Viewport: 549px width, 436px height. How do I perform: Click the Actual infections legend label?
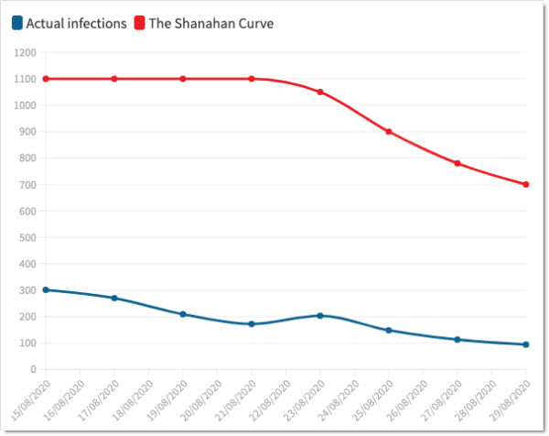point(75,23)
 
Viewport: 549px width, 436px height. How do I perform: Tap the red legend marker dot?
point(140,22)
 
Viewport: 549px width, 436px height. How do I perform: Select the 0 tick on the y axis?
point(31,370)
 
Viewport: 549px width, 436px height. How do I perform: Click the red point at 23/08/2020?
point(320,92)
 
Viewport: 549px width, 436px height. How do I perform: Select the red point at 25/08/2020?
point(389,132)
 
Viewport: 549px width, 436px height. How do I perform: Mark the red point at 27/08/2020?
point(457,163)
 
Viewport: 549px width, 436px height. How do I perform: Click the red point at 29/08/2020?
point(526,184)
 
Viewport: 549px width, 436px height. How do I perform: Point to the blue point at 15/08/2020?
point(46,290)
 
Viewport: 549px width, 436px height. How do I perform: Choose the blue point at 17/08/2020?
point(114,298)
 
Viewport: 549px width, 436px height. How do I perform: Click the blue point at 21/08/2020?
point(252,323)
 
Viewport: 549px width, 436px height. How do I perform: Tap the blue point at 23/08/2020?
point(320,315)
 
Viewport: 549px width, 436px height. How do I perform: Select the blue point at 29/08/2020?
point(526,344)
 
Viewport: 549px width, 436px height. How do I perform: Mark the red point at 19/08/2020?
point(183,79)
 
